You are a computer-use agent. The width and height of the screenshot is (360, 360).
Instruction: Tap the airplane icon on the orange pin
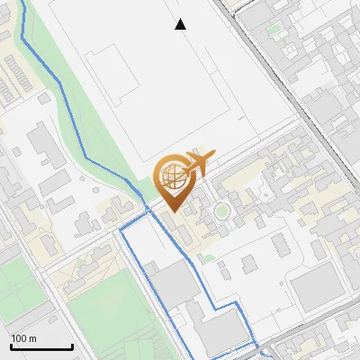tap(197, 161)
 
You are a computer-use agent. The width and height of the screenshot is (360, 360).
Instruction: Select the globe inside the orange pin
tap(172, 174)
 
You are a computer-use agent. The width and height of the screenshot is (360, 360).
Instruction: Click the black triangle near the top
tap(181, 25)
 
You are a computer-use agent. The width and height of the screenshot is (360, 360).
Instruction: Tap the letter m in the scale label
tap(32, 339)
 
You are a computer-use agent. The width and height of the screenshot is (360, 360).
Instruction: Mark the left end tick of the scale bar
tap(11, 346)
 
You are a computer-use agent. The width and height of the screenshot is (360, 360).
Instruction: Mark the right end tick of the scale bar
tap(72, 346)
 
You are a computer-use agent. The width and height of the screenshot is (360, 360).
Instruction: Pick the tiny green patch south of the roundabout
tap(209, 259)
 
